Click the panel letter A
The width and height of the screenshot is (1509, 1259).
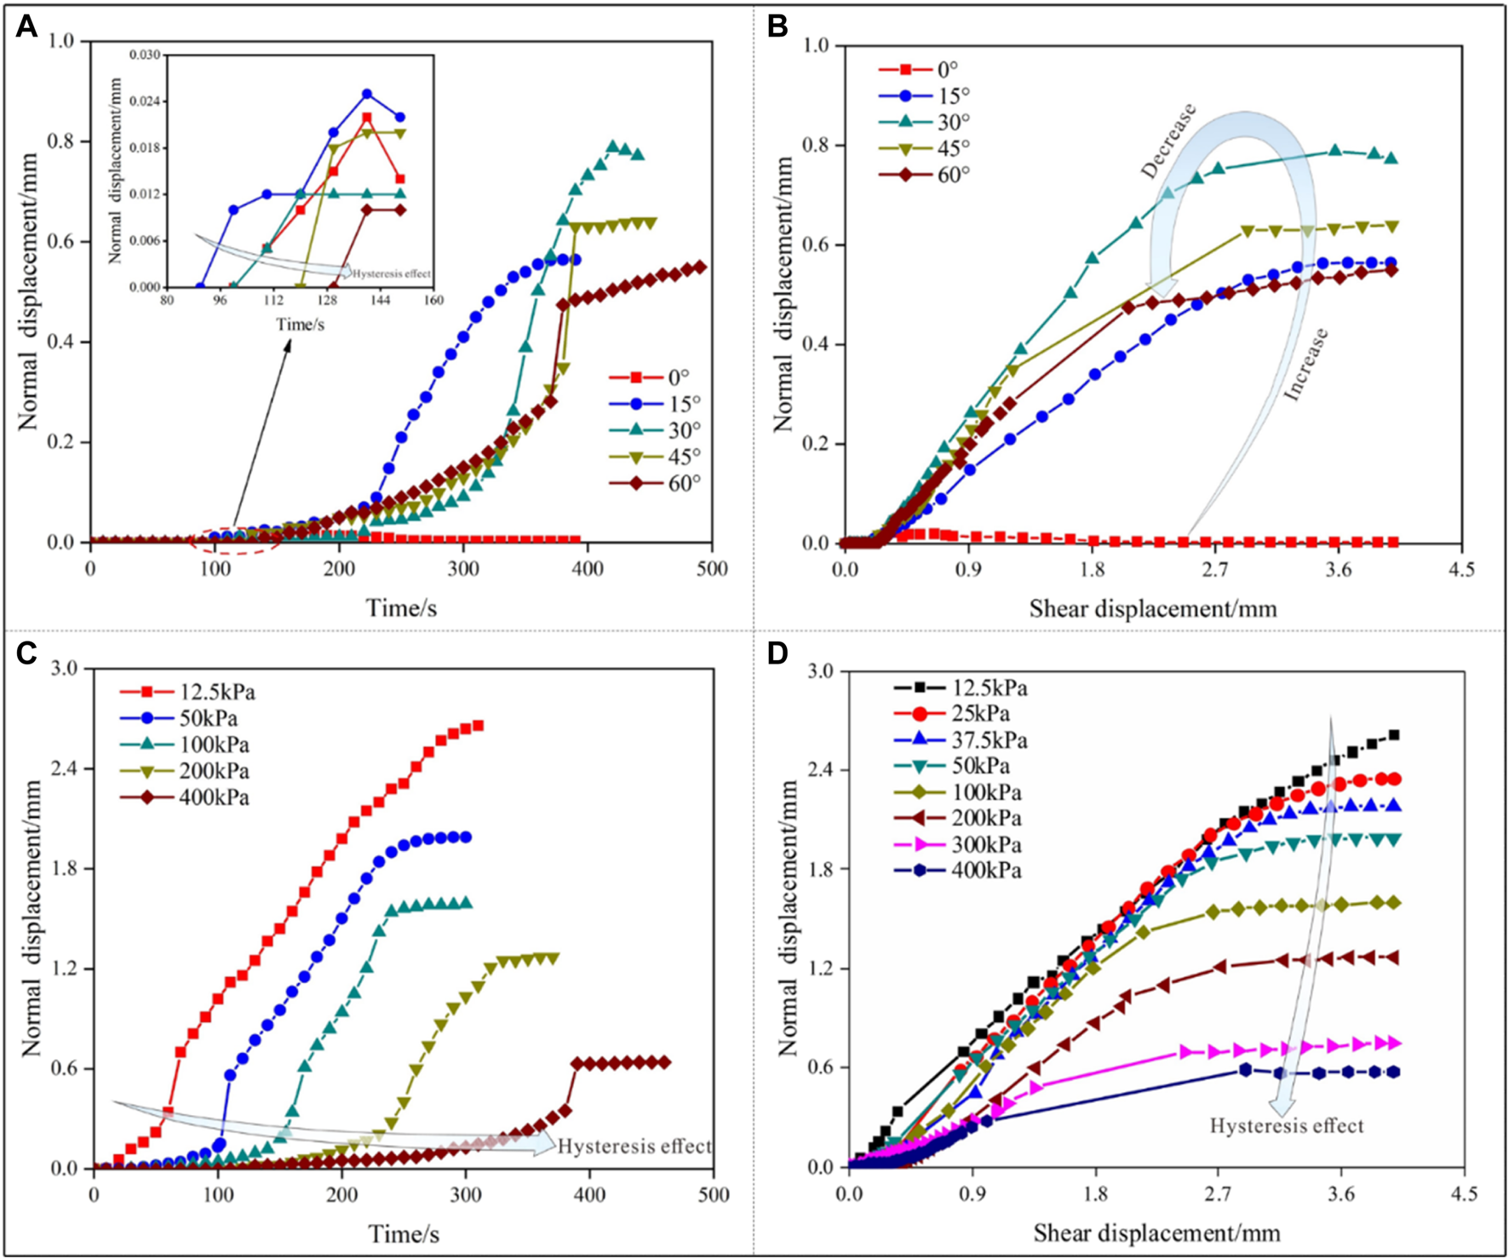pos(26,27)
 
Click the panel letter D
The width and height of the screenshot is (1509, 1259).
pos(778,654)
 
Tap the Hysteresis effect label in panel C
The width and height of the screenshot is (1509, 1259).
pos(634,1147)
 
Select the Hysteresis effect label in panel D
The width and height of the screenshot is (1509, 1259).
pos(1286,1126)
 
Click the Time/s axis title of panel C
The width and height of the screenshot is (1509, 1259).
pos(404,1233)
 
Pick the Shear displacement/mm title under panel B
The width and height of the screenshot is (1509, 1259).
pos(1152,608)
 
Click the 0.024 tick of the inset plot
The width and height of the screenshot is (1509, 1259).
pos(146,101)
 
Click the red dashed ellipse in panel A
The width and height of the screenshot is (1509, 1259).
pos(235,541)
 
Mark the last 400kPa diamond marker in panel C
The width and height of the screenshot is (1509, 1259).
pos(664,1062)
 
